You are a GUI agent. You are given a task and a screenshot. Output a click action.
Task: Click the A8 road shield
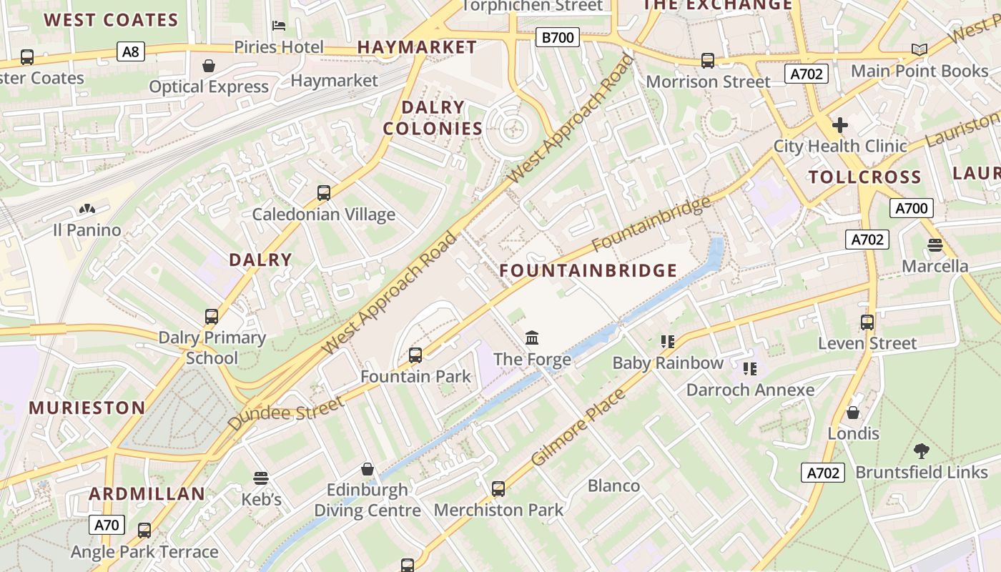[x=131, y=51]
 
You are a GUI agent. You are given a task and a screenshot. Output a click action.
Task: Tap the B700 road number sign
[x=557, y=37]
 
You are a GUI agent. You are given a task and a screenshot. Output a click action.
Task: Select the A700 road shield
[x=911, y=208]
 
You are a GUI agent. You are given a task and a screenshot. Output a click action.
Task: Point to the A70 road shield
[x=107, y=526]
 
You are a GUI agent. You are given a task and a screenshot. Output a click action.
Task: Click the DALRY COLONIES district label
[x=433, y=118]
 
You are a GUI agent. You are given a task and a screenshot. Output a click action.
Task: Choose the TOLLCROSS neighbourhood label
[x=864, y=177]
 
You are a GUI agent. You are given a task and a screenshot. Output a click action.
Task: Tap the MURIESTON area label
[x=87, y=408]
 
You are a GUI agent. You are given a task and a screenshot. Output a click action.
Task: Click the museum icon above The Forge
[x=532, y=337]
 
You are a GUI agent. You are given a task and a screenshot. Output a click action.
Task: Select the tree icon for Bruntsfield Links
[x=921, y=451]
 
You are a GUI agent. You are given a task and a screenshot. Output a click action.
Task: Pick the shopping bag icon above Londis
[x=852, y=413]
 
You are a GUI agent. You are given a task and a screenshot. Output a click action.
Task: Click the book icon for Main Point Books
[x=919, y=49]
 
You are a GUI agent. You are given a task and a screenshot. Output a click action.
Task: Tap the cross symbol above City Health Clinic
[x=840, y=125]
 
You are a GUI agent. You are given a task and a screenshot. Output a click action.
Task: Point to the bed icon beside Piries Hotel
[x=279, y=26]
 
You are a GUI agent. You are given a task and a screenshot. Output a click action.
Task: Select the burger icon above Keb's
[x=261, y=478]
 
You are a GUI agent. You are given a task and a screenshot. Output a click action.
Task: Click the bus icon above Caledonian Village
[x=324, y=192]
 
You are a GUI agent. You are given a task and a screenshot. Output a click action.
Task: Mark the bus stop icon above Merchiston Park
[x=498, y=489]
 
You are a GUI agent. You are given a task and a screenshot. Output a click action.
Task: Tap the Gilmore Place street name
[x=578, y=427]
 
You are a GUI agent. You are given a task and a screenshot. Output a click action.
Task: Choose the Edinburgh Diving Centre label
[x=368, y=500]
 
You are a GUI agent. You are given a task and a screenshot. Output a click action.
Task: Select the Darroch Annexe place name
[x=750, y=390]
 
